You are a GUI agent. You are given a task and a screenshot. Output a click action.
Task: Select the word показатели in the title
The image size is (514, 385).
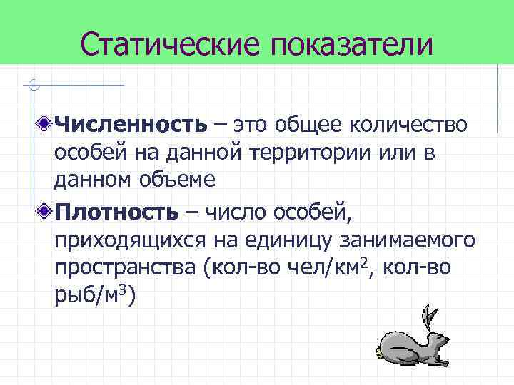coord(351,43)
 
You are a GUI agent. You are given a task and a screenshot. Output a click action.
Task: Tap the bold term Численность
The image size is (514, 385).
coord(131,125)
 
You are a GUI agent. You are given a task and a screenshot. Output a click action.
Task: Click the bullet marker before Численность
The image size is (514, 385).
coord(45,125)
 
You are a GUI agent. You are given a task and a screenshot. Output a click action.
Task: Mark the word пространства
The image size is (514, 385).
coord(126,268)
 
